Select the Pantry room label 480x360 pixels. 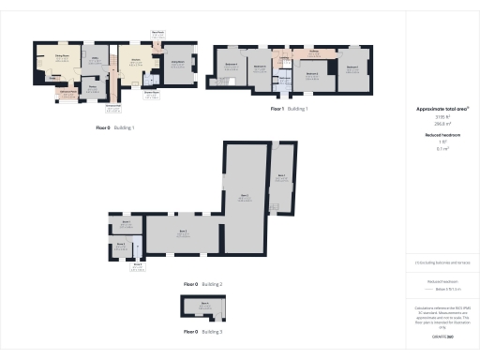(92, 88)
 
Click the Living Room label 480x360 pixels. (176, 63)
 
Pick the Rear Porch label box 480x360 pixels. (157, 34)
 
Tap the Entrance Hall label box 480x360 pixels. (112, 107)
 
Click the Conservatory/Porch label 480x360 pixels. (68, 91)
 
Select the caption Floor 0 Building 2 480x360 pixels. (202, 283)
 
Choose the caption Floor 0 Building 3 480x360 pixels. (202, 332)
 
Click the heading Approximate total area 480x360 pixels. (441, 110)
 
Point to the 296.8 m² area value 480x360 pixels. (441, 123)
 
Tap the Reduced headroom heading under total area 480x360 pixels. (441, 135)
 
